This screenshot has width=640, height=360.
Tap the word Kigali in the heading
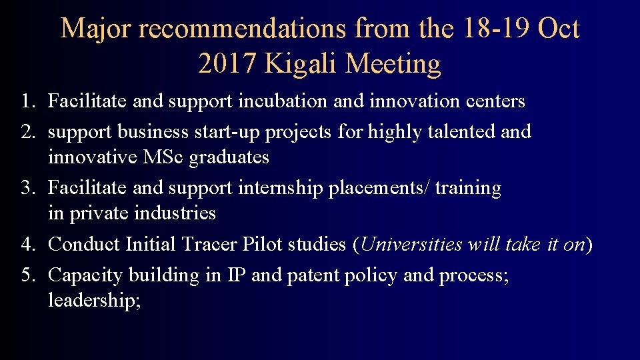pos(303,64)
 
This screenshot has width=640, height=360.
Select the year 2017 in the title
pos(227,64)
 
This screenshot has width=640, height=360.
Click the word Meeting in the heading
pos(393,64)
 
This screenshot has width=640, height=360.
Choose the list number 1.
pos(26,102)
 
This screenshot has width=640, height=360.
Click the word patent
pos(313,275)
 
